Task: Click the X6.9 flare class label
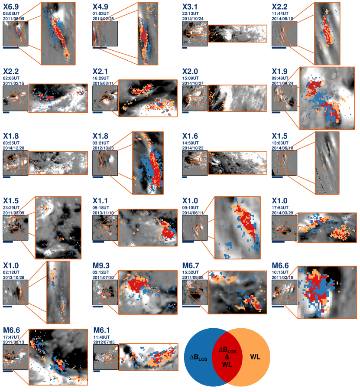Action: [11, 7]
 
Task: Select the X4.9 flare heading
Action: [101, 7]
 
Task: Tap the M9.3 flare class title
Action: [101, 266]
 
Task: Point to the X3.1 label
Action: [190, 7]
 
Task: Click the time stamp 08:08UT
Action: [11, 13]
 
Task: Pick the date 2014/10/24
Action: [193, 19]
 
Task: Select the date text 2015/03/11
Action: [103, 83]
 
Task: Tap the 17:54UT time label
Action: [280, 208]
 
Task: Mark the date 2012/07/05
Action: [104, 342]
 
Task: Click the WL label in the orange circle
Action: [255, 357]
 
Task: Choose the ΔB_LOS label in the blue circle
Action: [198, 357]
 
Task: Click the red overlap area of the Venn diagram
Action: [227, 357]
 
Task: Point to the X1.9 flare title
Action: [279, 72]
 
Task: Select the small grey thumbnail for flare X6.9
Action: [16, 33]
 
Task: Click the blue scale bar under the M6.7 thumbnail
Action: [191, 307]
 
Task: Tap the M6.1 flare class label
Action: [101, 330]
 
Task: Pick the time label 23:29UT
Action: [11, 208]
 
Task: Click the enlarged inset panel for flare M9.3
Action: [148, 292]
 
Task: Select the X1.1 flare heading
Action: [100, 201]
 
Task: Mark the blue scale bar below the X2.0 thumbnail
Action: [185, 112]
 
